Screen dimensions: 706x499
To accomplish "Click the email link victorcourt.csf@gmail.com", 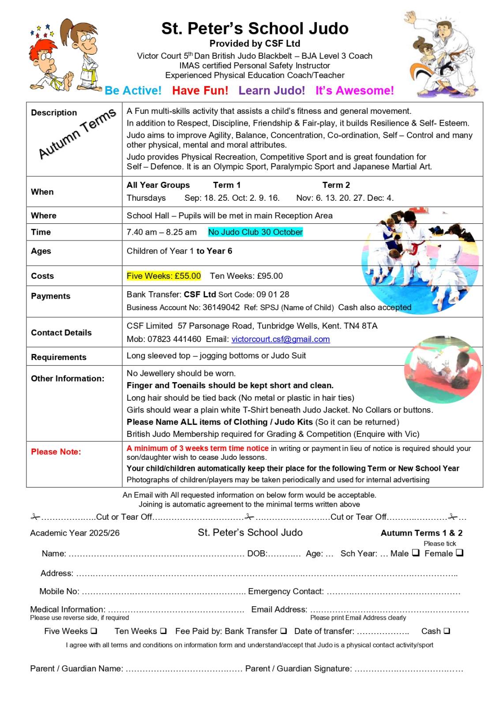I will pyautogui.click(x=281, y=339).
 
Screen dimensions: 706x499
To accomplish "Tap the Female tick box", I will pyautogui.click(x=459, y=552).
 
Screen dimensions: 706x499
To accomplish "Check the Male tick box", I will pyautogui.click(x=416, y=552).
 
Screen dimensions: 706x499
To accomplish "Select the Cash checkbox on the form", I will pyautogui.click(x=447, y=631).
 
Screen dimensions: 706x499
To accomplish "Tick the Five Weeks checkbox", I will pyautogui.click(x=94, y=631).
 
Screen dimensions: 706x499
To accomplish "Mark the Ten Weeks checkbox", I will pyautogui.click(x=163, y=631).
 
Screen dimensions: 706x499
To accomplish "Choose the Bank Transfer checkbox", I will pyautogui.click(x=283, y=631).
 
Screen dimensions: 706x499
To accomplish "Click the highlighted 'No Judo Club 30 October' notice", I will pyautogui.click(x=255, y=232).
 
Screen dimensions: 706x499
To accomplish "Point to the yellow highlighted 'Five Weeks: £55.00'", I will pyautogui.click(x=164, y=276).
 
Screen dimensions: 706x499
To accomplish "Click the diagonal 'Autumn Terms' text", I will pyautogui.click(x=78, y=133).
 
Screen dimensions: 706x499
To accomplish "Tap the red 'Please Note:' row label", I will pyautogui.click(x=56, y=452).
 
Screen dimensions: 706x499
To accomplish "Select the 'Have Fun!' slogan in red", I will pyautogui.click(x=200, y=90).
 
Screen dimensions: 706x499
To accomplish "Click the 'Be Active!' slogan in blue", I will pyautogui.click(x=133, y=90).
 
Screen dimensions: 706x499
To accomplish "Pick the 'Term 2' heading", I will pyautogui.click(x=336, y=185).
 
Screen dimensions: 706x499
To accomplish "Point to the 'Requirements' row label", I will pyautogui.click(x=59, y=357).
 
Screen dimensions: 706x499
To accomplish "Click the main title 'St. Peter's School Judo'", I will pyautogui.click(x=255, y=28).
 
